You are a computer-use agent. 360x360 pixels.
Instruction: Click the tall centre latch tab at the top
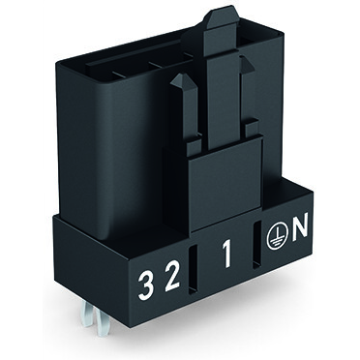point(222,39)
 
